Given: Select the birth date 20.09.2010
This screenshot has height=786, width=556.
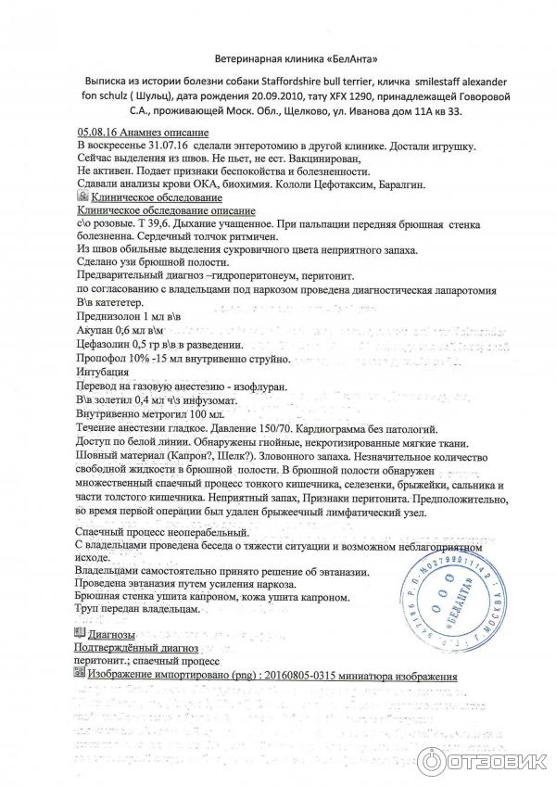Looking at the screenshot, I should [333, 96].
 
